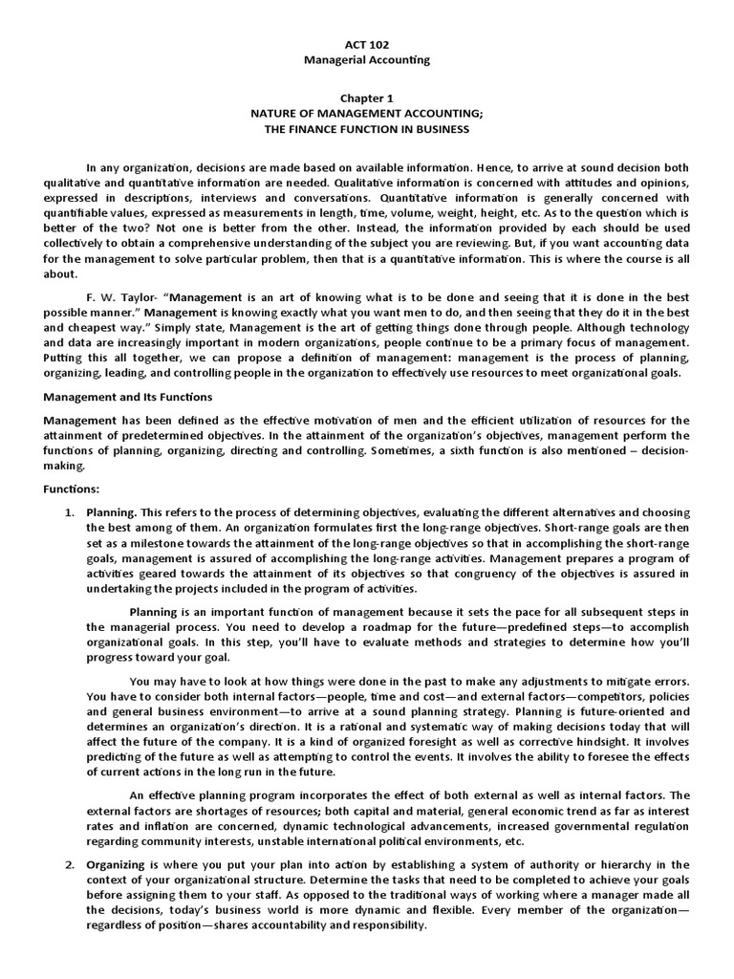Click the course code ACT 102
367,44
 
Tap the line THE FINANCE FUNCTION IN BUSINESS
367,128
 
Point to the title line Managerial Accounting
367,59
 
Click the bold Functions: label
72,489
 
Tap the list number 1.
69,512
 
